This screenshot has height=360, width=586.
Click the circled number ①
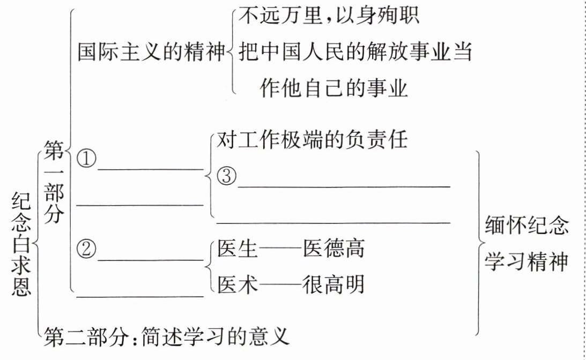(x=86, y=159)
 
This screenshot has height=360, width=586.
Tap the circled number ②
(x=86, y=248)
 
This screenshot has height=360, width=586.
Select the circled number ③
(x=227, y=176)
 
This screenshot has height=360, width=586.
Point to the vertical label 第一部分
(x=54, y=182)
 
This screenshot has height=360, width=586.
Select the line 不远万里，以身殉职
(x=328, y=17)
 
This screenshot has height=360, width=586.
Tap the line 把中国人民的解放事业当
(x=355, y=52)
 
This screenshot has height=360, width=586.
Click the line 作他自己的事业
(x=333, y=87)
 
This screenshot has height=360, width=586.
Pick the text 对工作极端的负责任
(x=313, y=140)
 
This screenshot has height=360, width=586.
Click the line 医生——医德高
(x=291, y=249)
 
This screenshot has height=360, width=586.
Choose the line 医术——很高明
(x=291, y=284)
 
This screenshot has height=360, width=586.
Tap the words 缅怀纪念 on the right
(x=526, y=226)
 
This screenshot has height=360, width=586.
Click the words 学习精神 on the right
(x=526, y=262)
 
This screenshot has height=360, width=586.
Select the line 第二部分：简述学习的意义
(x=167, y=337)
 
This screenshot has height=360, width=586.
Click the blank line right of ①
(x=151, y=169)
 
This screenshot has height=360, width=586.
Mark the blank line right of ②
(x=151, y=260)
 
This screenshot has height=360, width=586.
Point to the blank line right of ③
(x=344, y=186)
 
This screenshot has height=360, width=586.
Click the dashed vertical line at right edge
(x=582, y=180)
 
